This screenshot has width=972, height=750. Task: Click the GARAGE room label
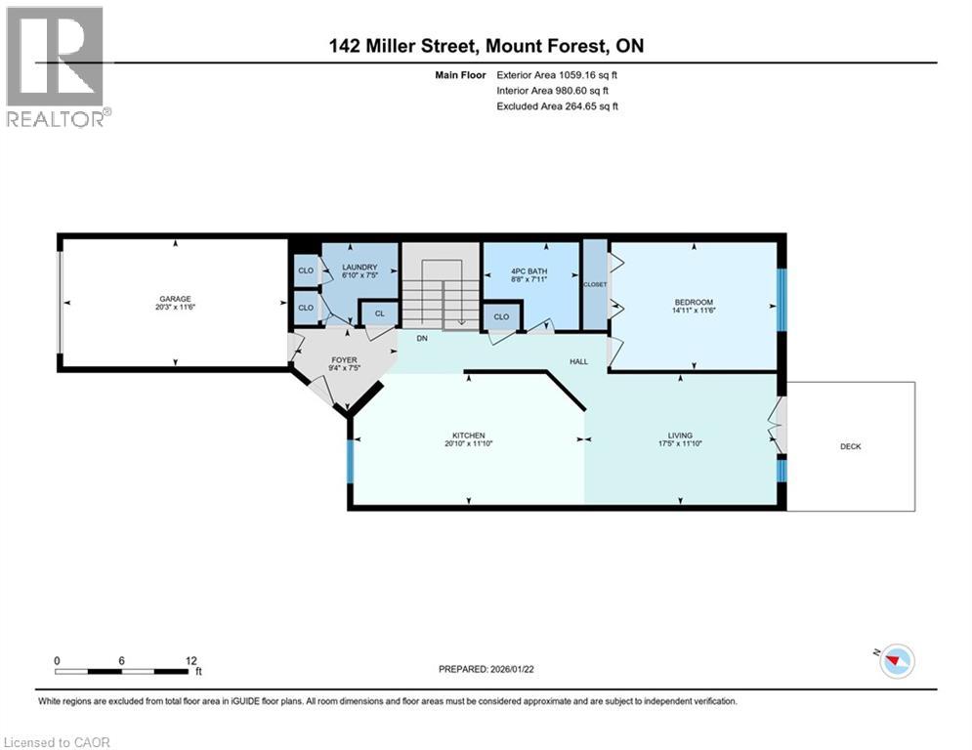(176, 299)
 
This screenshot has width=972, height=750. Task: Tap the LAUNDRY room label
(359, 268)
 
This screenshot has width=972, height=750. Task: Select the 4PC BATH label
(528, 271)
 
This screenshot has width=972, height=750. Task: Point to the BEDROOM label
(694, 302)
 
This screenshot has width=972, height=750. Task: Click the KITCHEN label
(469, 436)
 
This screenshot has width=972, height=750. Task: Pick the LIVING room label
(680, 436)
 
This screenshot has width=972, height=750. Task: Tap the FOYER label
(344, 359)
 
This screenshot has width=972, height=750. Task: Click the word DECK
(851, 446)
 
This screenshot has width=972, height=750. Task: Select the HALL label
(579, 361)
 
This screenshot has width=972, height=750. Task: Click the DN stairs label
(422, 339)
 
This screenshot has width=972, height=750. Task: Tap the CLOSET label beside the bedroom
(595, 284)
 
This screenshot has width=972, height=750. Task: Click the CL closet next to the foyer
(379, 313)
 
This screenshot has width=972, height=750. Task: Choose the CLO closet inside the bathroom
(501, 316)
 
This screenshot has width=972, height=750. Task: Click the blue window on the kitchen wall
(350, 461)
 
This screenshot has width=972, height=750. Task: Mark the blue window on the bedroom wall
(782, 300)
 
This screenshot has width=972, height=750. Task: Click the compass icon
(897, 661)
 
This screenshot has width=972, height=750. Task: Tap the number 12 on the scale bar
(190, 661)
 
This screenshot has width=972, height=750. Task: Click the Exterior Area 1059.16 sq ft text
(557, 75)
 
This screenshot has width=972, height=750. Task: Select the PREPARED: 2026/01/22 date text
(486, 669)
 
